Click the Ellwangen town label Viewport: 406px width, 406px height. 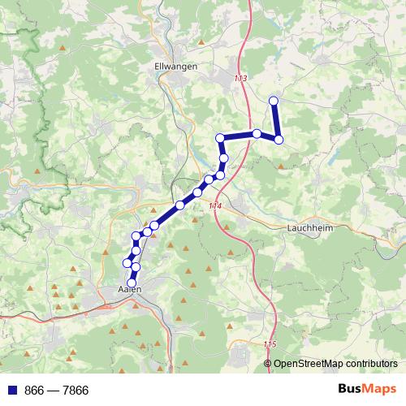click(x=175, y=68)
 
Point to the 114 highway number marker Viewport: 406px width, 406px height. click(x=214, y=207)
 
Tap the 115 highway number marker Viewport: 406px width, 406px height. click(x=270, y=344)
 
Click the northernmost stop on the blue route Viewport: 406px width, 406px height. click(x=274, y=101)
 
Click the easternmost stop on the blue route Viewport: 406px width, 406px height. click(x=279, y=140)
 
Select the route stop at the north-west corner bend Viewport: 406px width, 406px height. click(x=219, y=137)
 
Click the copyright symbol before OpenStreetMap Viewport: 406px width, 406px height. click(x=268, y=364)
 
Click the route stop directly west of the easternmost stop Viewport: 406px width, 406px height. click(x=256, y=133)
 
